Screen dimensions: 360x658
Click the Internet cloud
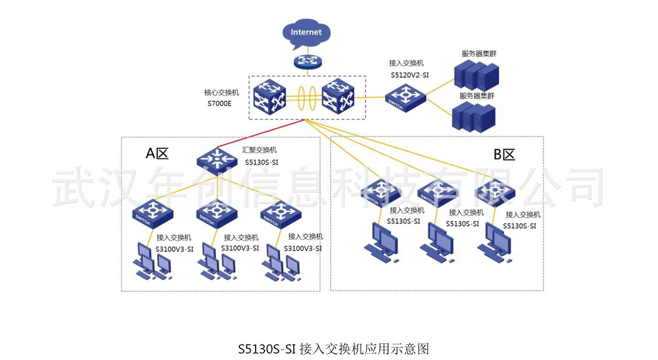306,33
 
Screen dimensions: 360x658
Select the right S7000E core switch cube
337,96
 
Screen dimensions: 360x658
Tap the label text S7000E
219,104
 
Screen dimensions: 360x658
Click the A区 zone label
157,153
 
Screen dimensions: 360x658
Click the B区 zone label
504,155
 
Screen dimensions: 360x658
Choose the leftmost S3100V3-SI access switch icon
153,213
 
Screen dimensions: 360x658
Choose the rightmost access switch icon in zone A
281,214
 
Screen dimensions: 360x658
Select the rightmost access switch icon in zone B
495,191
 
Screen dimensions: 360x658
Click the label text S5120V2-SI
409,75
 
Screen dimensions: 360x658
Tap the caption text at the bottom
334,349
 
